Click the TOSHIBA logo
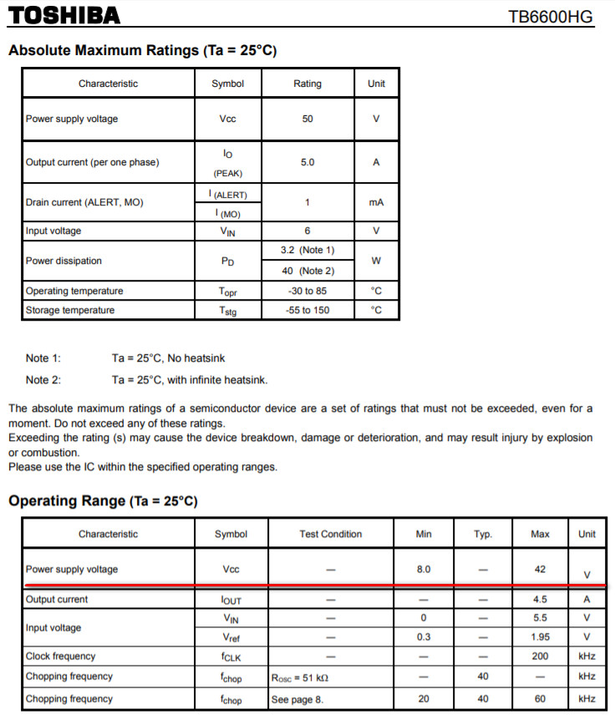click(x=65, y=16)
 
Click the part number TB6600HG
click(x=551, y=17)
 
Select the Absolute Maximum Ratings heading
click(x=142, y=51)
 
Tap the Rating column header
click(x=307, y=84)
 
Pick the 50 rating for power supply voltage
click(x=307, y=119)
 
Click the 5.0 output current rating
click(x=307, y=162)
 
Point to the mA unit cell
click(x=376, y=203)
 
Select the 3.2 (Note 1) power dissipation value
click(x=307, y=250)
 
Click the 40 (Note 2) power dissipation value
click(x=307, y=271)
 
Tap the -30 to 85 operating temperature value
click(x=307, y=291)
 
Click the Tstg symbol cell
click(x=228, y=311)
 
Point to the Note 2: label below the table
click(x=43, y=380)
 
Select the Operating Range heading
click(x=103, y=501)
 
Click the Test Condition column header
click(x=330, y=534)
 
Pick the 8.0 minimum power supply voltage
click(x=424, y=570)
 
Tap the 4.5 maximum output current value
click(x=540, y=599)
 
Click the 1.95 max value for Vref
click(x=540, y=636)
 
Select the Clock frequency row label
click(x=60, y=657)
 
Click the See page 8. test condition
click(x=294, y=698)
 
